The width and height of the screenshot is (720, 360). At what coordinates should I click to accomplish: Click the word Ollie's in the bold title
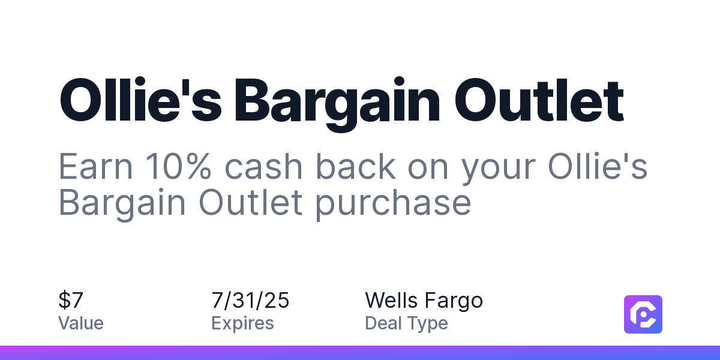(x=141, y=100)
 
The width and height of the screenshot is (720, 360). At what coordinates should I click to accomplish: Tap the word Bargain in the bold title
(x=337, y=104)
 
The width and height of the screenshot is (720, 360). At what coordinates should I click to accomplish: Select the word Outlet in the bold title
(x=539, y=100)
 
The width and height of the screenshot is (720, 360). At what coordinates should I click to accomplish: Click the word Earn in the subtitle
(x=95, y=167)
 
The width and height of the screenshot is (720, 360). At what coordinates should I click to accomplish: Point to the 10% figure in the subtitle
(x=179, y=167)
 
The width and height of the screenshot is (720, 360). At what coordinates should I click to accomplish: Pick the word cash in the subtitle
(x=263, y=167)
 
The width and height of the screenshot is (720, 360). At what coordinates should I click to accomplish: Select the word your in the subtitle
(x=499, y=170)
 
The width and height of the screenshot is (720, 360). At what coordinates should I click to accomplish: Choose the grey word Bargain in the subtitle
(x=122, y=203)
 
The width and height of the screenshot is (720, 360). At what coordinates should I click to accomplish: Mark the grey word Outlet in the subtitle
(x=251, y=203)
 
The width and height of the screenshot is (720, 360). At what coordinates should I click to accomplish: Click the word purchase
(x=393, y=204)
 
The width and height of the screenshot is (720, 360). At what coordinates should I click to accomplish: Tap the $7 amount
(x=71, y=300)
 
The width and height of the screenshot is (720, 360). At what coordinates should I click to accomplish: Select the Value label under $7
(x=80, y=323)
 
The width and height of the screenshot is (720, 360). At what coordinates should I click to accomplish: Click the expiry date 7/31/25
(x=250, y=300)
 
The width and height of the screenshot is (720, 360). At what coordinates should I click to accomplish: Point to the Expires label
(x=242, y=323)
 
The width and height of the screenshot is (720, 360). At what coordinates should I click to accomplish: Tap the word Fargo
(x=454, y=301)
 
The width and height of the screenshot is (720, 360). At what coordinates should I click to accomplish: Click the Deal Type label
(x=406, y=323)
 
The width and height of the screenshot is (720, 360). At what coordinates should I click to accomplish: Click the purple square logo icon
(x=643, y=314)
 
